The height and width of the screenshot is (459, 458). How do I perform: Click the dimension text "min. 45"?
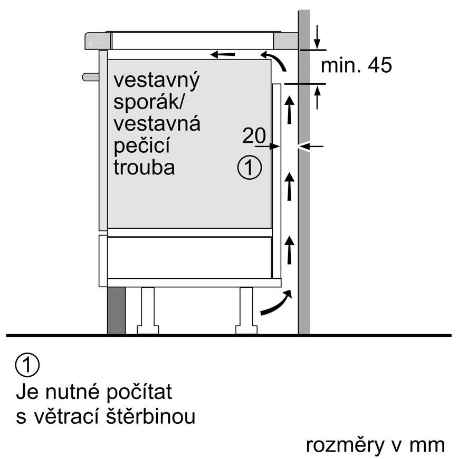[356, 66]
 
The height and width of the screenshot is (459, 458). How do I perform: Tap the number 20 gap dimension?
[254, 136]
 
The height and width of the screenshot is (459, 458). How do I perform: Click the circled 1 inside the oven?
[249, 168]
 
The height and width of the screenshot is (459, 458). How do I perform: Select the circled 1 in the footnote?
[28, 366]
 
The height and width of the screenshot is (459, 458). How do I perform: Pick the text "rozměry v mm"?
[375, 445]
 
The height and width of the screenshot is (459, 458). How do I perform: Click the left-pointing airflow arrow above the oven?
[222, 54]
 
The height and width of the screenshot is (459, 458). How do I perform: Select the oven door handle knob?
[91, 77]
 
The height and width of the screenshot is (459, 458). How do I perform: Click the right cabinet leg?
[246, 310]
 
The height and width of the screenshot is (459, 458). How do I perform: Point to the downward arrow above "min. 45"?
[317, 36]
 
